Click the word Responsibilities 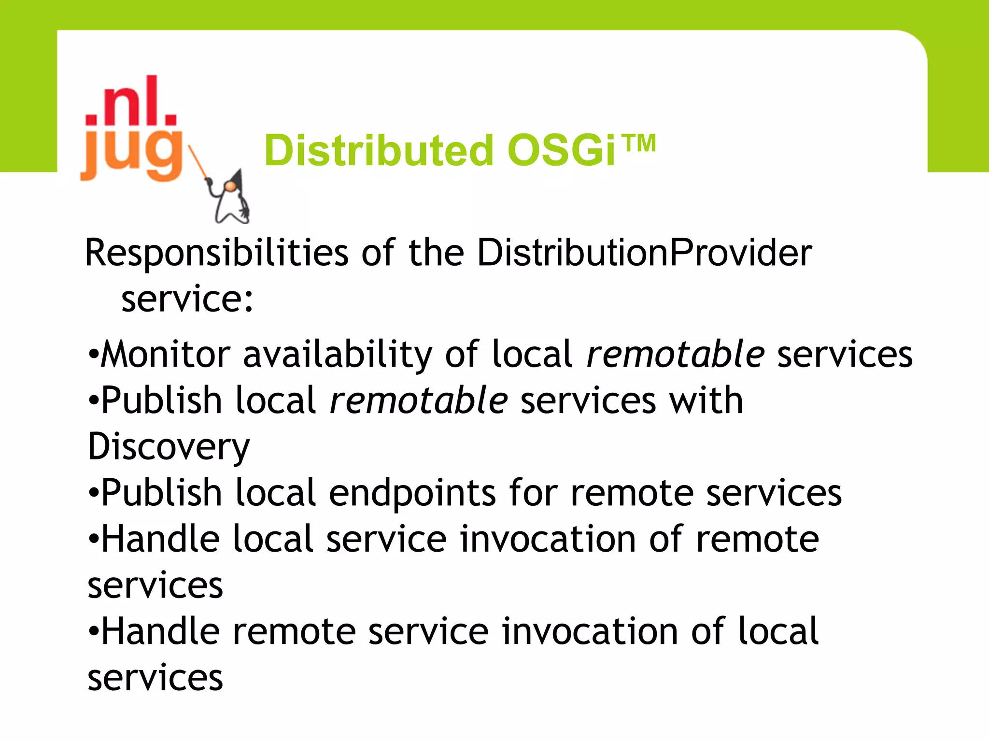[216, 254]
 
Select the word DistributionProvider [644, 253]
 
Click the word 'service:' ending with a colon [187, 300]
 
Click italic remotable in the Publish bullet [418, 400]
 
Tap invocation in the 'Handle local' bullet [548, 539]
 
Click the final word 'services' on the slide [155, 678]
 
